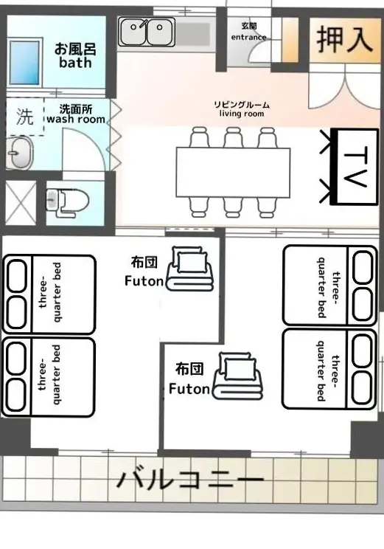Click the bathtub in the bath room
coord(24,63)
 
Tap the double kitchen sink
coord(147,32)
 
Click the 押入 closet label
coord(344,40)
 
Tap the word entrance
coord(248,37)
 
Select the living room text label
coord(242,114)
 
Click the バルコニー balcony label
coord(190,480)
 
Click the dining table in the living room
coord(233,172)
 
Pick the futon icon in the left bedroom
coord(189,269)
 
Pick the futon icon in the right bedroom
coord(239,376)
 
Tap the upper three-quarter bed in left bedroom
coord(49,294)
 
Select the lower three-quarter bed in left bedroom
coord(49,377)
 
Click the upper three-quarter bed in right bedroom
coord(329,286)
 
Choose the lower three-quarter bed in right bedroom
coord(329,369)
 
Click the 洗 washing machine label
coord(25,117)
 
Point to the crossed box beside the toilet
coord(21,203)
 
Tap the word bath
coord(75,63)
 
